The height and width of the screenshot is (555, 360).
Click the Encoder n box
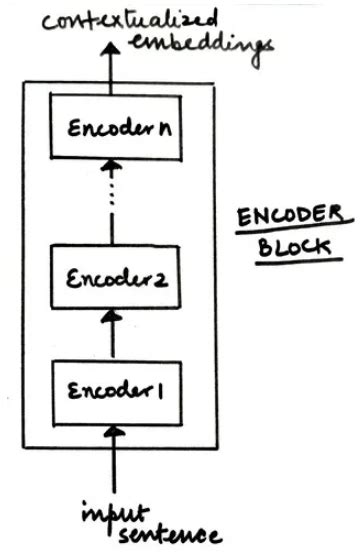(113, 131)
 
